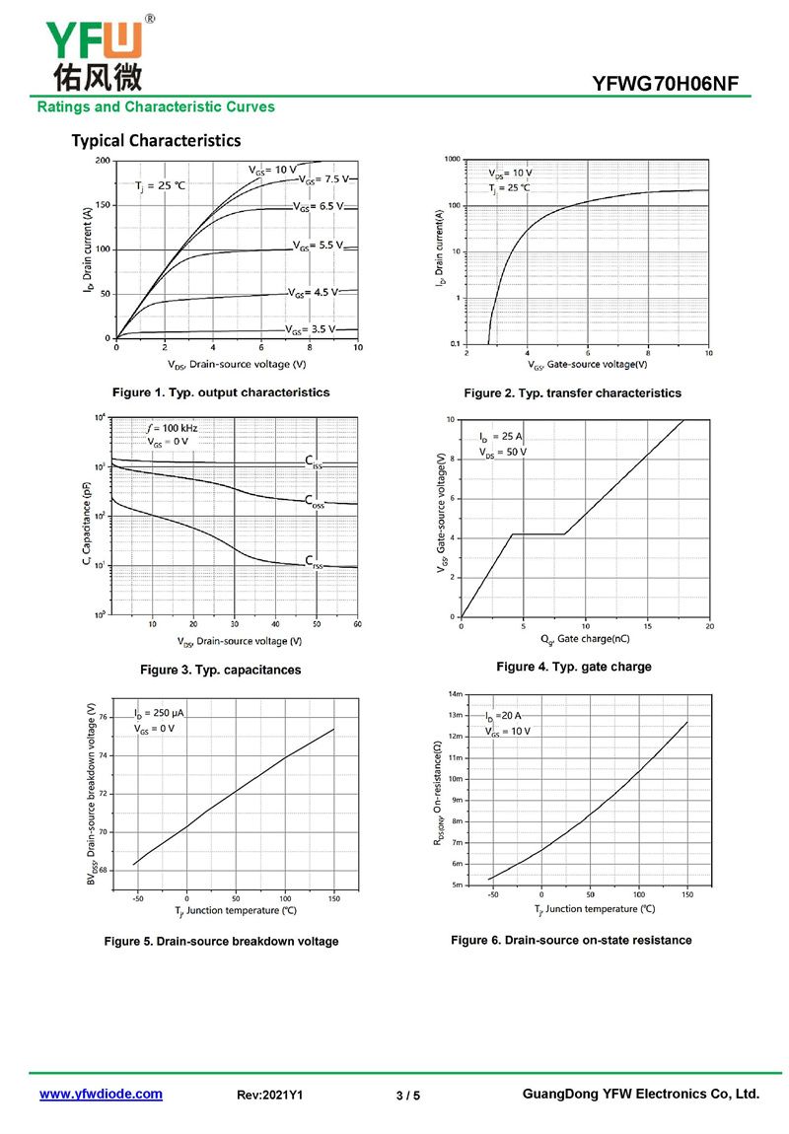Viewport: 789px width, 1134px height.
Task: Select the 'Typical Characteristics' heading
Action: point(156,140)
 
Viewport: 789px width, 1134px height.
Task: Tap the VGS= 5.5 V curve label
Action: point(318,245)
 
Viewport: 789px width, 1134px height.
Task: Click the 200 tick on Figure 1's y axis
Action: point(103,160)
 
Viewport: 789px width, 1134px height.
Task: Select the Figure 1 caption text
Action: point(221,392)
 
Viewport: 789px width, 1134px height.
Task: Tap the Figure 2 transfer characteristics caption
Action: point(572,393)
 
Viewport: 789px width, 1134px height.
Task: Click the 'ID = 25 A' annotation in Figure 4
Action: point(500,436)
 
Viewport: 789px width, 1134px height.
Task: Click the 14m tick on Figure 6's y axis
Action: point(455,693)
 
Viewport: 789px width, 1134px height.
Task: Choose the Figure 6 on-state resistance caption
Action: point(571,940)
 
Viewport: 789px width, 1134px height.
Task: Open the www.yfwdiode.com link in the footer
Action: point(101,1094)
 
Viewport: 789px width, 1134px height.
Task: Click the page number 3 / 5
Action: point(407,1096)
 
